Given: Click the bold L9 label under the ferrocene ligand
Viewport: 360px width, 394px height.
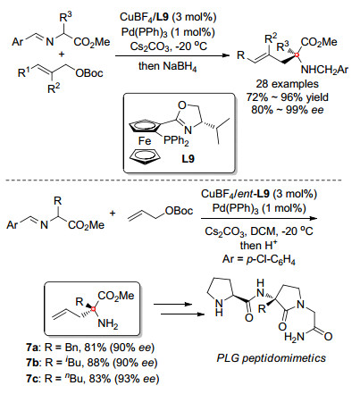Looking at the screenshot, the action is pyautogui.click(x=188, y=159).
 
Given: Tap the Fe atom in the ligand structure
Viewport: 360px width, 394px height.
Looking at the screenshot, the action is pyautogui.click(x=145, y=140).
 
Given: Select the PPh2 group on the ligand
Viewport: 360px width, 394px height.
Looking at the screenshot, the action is pyautogui.click(x=176, y=141).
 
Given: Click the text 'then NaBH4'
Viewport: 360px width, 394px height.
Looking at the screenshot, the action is pyautogui.click(x=167, y=67).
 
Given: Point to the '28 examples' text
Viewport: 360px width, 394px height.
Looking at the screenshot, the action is pyautogui.click(x=287, y=84).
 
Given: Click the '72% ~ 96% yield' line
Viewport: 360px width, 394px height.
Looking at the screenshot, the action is pyautogui.click(x=287, y=96).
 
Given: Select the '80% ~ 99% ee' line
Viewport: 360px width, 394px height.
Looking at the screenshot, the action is pyautogui.click(x=287, y=110).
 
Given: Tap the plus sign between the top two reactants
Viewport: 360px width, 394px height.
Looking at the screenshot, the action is pyautogui.click(x=62, y=54).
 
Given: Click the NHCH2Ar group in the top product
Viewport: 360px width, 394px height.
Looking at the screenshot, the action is pyautogui.click(x=324, y=70).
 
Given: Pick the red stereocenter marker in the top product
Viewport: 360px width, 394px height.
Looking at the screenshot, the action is pyautogui.click(x=297, y=55).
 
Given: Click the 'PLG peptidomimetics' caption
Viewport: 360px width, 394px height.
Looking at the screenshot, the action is pyautogui.click(x=271, y=357).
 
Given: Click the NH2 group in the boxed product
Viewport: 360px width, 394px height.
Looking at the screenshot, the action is pyautogui.click(x=108, y=323).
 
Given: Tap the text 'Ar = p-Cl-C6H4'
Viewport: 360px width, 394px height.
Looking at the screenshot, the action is pyautogui.click(x=258, y=259).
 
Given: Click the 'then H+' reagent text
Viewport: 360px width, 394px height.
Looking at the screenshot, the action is pyautogui.click(x=258, y=245).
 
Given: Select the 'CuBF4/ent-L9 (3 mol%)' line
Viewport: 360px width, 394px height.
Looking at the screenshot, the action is pyautogui.click(x=258, y=194).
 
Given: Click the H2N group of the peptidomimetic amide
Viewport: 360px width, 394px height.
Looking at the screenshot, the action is pyautogui.click(x=295, y=337).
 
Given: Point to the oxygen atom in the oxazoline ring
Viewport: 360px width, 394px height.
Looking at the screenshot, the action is pyautogui.click(x=182, y=105).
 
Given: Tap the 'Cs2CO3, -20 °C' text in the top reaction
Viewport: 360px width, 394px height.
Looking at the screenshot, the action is pyautogui.click(x=168, y=46).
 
